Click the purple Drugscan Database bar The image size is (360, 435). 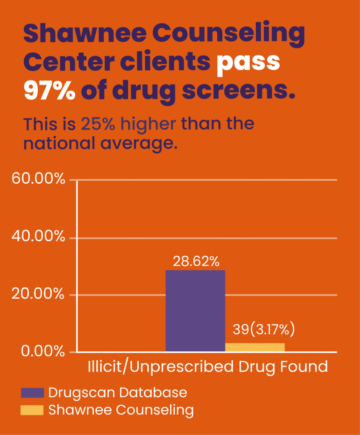[195, 311]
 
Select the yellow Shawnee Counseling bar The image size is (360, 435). [255, 347]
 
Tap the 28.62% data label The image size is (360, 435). [196, 261]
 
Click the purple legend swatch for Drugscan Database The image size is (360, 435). [32, 393]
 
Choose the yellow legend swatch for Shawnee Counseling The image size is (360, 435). [32, 410]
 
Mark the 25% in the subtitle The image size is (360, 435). [98, 124]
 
